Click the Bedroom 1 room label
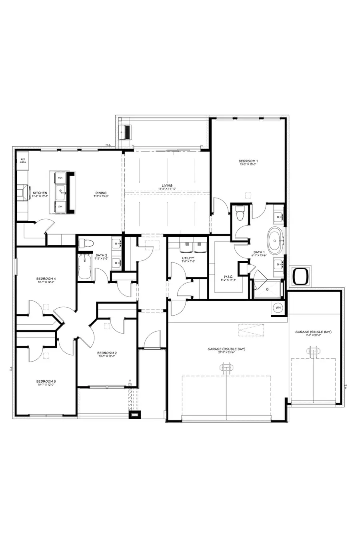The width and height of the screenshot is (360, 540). [x=248, y=161]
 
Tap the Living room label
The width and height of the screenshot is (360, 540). [x=167, y=186]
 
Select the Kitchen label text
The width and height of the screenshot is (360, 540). [x=40, y=193]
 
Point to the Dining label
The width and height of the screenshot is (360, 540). [x=100, y=193]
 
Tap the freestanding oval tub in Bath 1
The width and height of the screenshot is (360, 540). [x=275, y=241]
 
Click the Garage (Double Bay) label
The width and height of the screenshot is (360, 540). [x=226, y=349]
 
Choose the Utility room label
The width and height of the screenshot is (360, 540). [x=188, y=258]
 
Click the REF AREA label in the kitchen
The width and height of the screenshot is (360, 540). [x=23, y=161]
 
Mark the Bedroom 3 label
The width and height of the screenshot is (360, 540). [x=46, y=381]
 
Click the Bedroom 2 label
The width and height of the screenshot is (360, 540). [x=107, y=353]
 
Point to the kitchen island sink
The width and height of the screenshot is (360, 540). [x=61, y=192]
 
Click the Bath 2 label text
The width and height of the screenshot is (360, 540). [x=101, y=255]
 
